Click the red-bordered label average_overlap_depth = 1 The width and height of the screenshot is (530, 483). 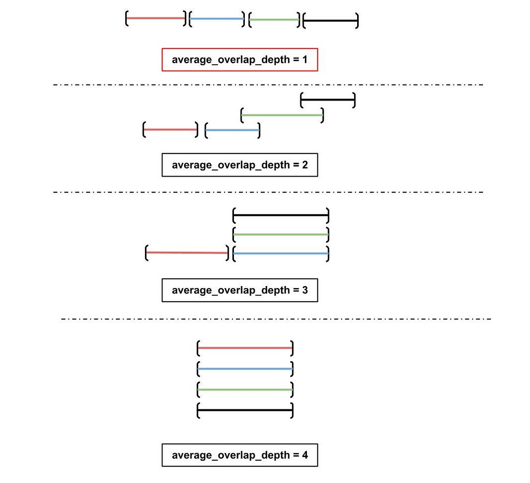[240, 60]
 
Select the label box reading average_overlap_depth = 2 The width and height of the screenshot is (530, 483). [240, 165]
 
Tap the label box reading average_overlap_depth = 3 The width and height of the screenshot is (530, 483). [240, 290]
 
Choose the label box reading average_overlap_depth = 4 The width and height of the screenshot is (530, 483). [240, 455]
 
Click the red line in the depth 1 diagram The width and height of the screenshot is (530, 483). [155, 18]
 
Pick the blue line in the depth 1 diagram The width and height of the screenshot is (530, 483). [217, 19]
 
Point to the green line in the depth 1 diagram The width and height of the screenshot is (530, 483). [274, 20]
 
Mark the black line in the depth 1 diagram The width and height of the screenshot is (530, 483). [331, 21]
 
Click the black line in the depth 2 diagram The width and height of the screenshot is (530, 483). [328, 100]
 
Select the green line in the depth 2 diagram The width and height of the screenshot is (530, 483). [282, 115]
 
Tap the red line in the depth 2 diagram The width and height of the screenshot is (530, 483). [170, 130]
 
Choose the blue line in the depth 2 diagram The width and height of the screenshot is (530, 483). [232, 130]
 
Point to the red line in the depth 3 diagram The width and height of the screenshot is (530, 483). [187, 252]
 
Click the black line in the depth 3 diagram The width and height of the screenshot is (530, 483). [281, 215]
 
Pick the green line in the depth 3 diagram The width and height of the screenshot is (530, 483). [281, 234]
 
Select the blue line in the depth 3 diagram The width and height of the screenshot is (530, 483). [281, 253]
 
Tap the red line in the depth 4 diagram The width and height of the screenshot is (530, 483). [245, 348]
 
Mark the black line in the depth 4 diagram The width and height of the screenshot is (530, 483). [245, 410]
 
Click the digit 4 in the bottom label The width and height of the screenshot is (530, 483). [305, 455]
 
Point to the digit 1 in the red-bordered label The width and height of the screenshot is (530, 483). [305, 60]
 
